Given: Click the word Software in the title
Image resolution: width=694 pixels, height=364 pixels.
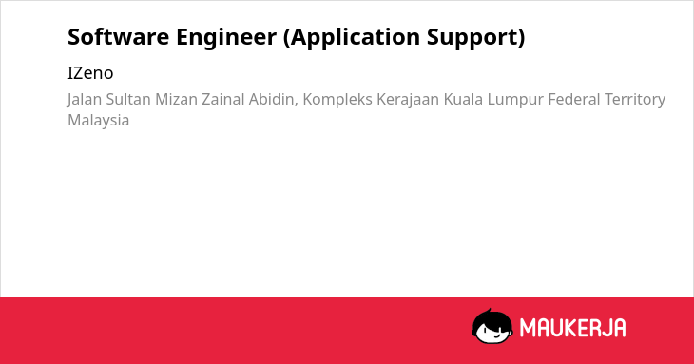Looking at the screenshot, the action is pos(118,37).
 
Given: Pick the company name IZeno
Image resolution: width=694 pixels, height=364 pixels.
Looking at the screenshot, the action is pos(90,73).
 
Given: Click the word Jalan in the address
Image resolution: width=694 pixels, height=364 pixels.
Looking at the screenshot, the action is pos(84,100).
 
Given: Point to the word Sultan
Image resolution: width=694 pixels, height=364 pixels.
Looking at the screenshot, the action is pos(128,99).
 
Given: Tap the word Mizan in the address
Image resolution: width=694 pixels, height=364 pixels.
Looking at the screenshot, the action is pos(176,99).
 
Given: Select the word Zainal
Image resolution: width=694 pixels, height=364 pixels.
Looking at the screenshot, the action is pos(223,99).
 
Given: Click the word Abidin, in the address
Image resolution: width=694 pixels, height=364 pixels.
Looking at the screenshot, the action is pos(274,100).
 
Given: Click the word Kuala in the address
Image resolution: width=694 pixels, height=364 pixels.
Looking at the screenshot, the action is pos(463,99).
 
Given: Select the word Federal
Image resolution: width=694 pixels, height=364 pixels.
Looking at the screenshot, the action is pos(573,99).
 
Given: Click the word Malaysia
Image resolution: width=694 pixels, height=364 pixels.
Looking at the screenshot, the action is pos(99,121).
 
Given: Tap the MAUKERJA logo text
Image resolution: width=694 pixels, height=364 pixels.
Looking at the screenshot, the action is pos(572,328).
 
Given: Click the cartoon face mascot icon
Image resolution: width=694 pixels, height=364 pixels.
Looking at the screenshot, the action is pos(492,326).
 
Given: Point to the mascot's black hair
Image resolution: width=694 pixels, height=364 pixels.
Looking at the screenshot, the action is pos(492,317).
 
